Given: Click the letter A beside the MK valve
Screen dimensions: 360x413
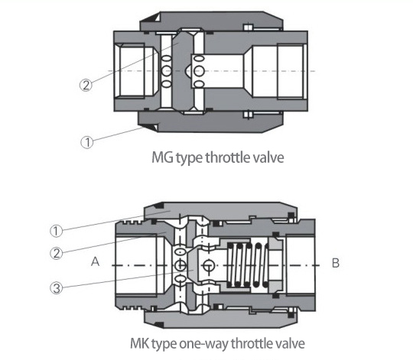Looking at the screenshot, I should (x=96, y=261).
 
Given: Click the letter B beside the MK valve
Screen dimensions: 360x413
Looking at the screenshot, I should (x=334, y=261).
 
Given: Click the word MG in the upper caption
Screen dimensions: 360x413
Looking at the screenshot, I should (x=163, y=160).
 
